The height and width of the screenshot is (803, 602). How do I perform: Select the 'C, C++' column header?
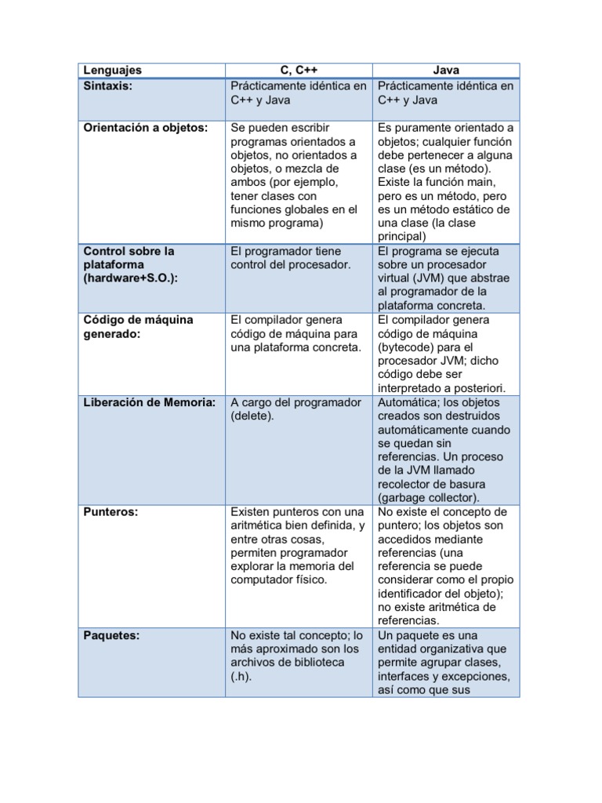[299, 71]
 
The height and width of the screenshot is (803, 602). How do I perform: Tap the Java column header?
[446, 71]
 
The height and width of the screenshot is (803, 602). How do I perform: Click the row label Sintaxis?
[108, 86]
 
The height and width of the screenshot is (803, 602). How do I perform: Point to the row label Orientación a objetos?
[146, 128]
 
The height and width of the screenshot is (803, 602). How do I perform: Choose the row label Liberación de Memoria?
[149, 402]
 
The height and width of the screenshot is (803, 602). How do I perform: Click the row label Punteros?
[111, 512]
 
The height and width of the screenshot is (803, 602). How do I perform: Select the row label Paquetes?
[111, 635]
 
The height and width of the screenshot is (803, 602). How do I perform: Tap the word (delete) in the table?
[252, 416]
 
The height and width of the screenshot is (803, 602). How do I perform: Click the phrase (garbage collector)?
[430, 498]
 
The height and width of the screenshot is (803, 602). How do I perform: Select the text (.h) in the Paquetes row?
[241, 677]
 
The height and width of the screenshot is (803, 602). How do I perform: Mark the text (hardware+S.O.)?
[130, 278]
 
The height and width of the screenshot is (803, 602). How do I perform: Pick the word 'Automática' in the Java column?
[408, 402]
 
